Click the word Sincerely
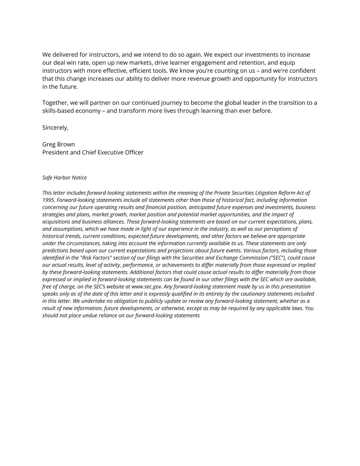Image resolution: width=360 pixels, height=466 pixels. point(55,128)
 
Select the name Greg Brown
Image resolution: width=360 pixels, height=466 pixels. point(58,144)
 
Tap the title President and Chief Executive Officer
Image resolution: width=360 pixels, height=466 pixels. point(93,152)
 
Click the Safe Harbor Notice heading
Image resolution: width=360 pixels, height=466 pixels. point(64,178)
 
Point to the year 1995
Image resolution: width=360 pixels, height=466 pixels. point(48,200)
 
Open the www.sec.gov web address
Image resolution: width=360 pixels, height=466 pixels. point(147,286)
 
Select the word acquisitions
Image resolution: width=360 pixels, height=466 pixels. point(56,222)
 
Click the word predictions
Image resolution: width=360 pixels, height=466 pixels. point(55,251)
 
